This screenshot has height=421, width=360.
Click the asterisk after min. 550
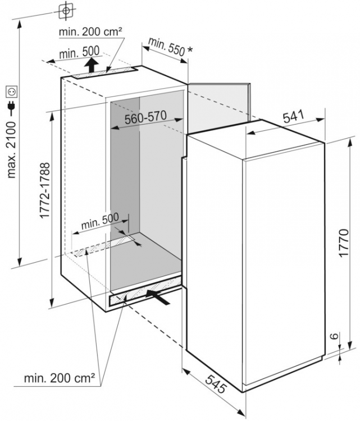point(190,49)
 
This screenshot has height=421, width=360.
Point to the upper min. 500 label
point(79,52)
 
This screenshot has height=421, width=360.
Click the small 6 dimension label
point(334,336)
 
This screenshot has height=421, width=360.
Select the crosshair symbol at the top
point(66,10)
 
